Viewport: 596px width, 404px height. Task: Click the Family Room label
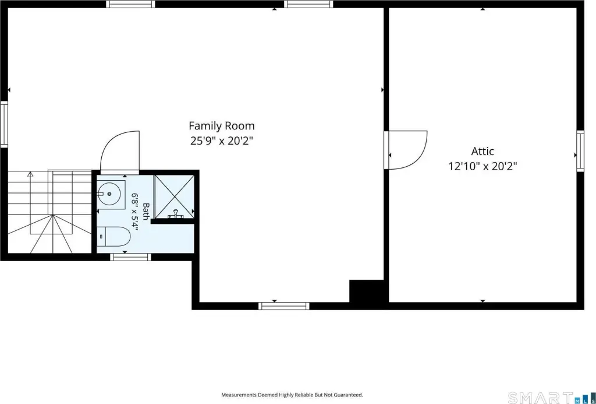point(222,126)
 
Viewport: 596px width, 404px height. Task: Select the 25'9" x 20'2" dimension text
point(222,141)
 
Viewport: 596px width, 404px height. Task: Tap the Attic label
point(483,151)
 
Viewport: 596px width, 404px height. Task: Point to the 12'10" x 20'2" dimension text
point(483,166)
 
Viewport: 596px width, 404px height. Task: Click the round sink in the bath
point(109,194)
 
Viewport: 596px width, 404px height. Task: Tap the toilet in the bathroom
point(113,237)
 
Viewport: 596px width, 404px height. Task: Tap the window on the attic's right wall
point(580,151)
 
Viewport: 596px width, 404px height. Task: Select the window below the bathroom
point(130,257)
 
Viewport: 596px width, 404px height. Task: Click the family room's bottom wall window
point(283,305)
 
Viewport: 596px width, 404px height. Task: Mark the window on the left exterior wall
point(4,124)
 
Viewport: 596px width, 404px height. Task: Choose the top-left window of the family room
point(130,4)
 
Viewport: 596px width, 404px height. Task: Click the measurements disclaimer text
point(292,395)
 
